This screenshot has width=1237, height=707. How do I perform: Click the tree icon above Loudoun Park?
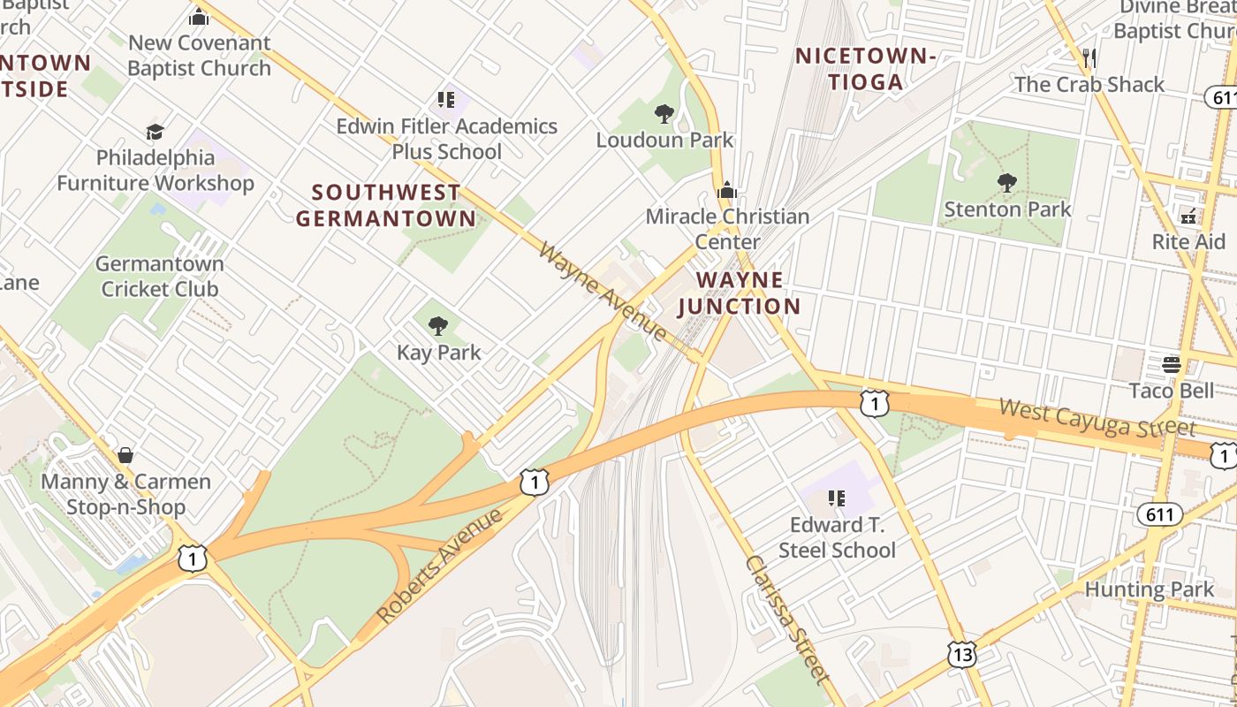[664, 114]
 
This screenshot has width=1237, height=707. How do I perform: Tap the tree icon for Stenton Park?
[1006, 183]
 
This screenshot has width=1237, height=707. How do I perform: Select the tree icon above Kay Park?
[437, 327]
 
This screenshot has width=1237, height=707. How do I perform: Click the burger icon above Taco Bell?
[1172, 364]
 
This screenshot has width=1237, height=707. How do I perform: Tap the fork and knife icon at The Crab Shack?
[1089, 58]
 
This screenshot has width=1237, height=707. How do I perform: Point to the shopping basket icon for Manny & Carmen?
[125, 455]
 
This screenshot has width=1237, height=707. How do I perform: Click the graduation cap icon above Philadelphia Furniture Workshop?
[156, 132]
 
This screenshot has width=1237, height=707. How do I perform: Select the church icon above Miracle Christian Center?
[726, 190]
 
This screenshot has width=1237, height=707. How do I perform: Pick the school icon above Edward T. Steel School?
[836, 498]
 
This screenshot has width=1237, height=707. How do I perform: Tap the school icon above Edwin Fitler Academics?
[446, 100]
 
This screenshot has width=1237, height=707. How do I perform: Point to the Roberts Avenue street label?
[438, 565]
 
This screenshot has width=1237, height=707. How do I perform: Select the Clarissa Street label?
[787, 618]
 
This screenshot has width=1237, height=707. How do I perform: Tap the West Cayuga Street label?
[1097, 417]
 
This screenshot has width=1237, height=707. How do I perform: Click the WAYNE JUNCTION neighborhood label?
[739, 293]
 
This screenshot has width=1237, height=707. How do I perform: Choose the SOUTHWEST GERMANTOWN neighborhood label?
[386, 205]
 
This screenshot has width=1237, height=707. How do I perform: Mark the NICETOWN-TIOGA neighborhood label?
[865, 69]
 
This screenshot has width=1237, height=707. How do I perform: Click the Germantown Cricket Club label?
[159, 276]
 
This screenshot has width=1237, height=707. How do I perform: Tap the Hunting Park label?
[1150, 589]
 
